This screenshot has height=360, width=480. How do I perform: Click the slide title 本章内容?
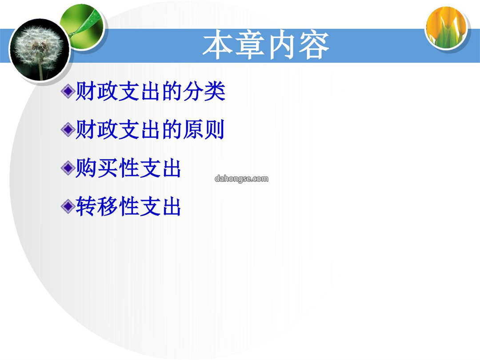266,45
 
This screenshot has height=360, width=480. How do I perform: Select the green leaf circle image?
83,27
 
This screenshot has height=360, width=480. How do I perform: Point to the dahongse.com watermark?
241,179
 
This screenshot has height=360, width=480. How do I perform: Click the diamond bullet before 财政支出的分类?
68,91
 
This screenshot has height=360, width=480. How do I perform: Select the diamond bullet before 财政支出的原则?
68,129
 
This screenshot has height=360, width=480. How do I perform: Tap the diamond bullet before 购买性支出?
68,168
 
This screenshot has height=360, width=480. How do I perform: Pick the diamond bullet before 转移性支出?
68,206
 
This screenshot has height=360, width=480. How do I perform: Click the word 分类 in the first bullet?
204,91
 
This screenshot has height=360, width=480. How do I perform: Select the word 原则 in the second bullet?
204,129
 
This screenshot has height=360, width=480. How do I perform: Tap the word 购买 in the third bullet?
97,168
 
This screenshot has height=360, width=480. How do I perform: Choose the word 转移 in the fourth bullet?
97,206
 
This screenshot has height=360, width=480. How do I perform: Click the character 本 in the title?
218,45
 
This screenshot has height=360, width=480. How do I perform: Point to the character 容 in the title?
314,45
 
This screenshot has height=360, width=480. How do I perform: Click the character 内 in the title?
282,45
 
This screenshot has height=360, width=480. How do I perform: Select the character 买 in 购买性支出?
108,168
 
